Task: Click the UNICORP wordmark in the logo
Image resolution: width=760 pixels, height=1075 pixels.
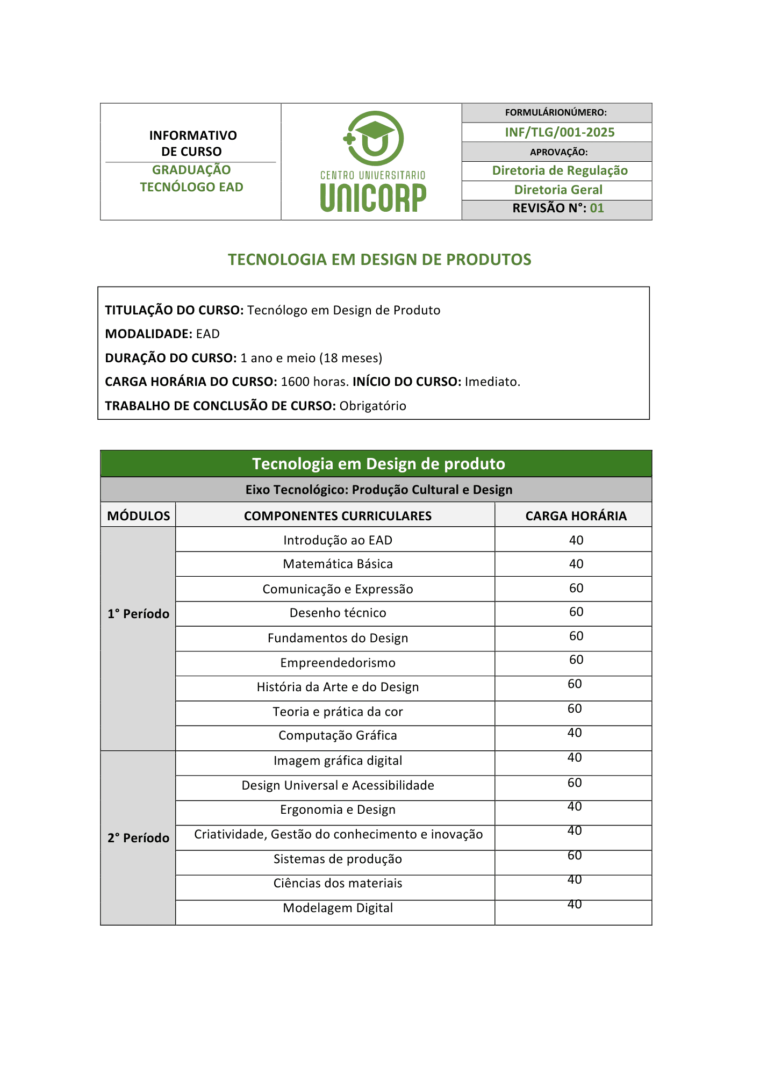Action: pos(373,197)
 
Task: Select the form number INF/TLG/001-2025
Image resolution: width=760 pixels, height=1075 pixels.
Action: pos(559,132)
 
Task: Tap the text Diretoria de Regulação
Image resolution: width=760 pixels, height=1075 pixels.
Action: pos(560,170)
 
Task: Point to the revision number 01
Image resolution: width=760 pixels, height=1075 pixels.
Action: pos(597,209)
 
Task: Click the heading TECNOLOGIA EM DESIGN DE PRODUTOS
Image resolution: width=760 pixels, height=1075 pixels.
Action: pos(379,260)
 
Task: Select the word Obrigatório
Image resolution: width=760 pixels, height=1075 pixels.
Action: pos(372,406)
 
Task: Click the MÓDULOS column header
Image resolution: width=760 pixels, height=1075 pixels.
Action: pos(138,516)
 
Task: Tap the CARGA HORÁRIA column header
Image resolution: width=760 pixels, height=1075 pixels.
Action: pos(576,516)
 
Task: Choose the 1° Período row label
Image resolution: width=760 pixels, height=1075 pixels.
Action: pos(138,614)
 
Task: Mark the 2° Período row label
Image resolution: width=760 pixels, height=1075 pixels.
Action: pos(138,838)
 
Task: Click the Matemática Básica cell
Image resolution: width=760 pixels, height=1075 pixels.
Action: pos(338,564)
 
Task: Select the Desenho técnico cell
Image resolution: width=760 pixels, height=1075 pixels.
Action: pos(338,613)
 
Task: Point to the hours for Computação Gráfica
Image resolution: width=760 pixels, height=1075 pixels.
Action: pos(575,733)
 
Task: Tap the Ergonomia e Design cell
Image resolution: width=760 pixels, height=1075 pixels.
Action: pos(338,809)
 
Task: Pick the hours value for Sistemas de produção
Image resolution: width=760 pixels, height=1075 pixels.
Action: pos(575,856)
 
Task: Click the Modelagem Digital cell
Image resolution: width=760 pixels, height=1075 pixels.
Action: pos(338,908)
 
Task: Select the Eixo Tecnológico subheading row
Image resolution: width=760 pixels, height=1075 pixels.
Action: pos(378,490)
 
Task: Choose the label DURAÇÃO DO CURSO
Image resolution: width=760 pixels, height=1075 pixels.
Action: pos(170,358)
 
